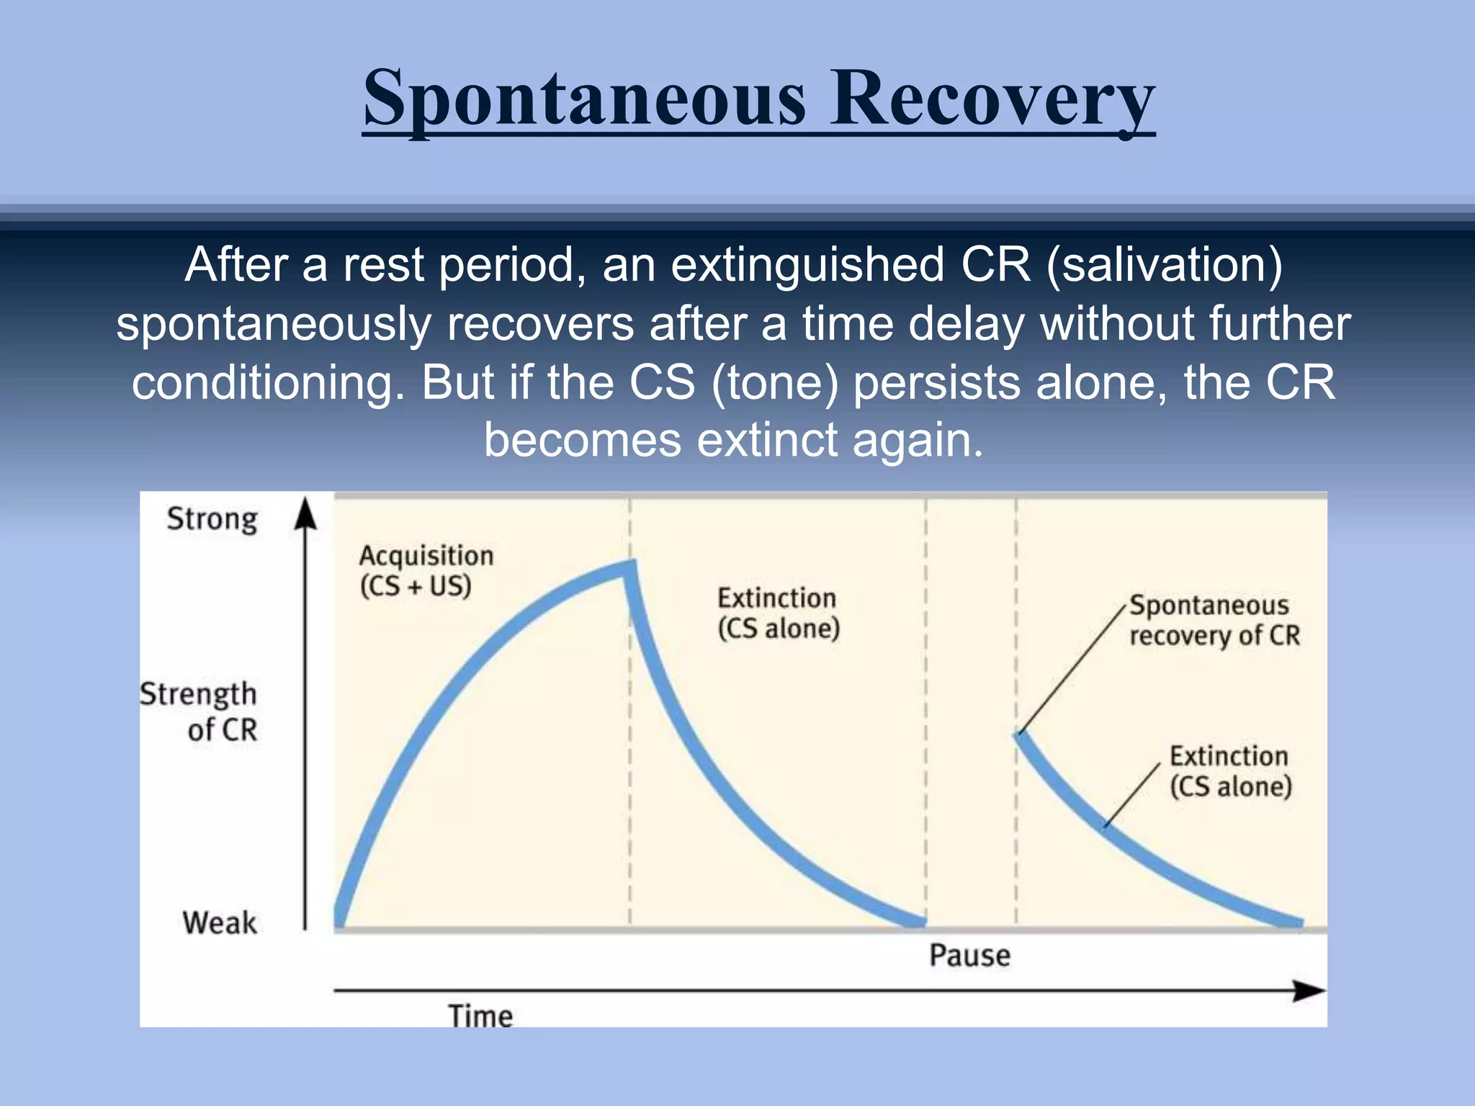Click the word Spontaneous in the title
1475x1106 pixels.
[584, 99]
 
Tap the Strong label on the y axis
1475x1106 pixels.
[212, 519]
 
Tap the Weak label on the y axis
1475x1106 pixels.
[219, 922]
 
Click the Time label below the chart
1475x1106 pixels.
[480, 1016]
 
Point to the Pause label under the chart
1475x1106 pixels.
[969, 956]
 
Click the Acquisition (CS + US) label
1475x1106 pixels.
[426, 570]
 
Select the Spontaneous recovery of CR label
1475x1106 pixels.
[1214, 620]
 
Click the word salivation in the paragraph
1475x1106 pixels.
[1164, 265]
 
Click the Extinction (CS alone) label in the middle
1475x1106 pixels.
[778, 613]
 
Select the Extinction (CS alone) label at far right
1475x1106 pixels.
[1230, 770]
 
